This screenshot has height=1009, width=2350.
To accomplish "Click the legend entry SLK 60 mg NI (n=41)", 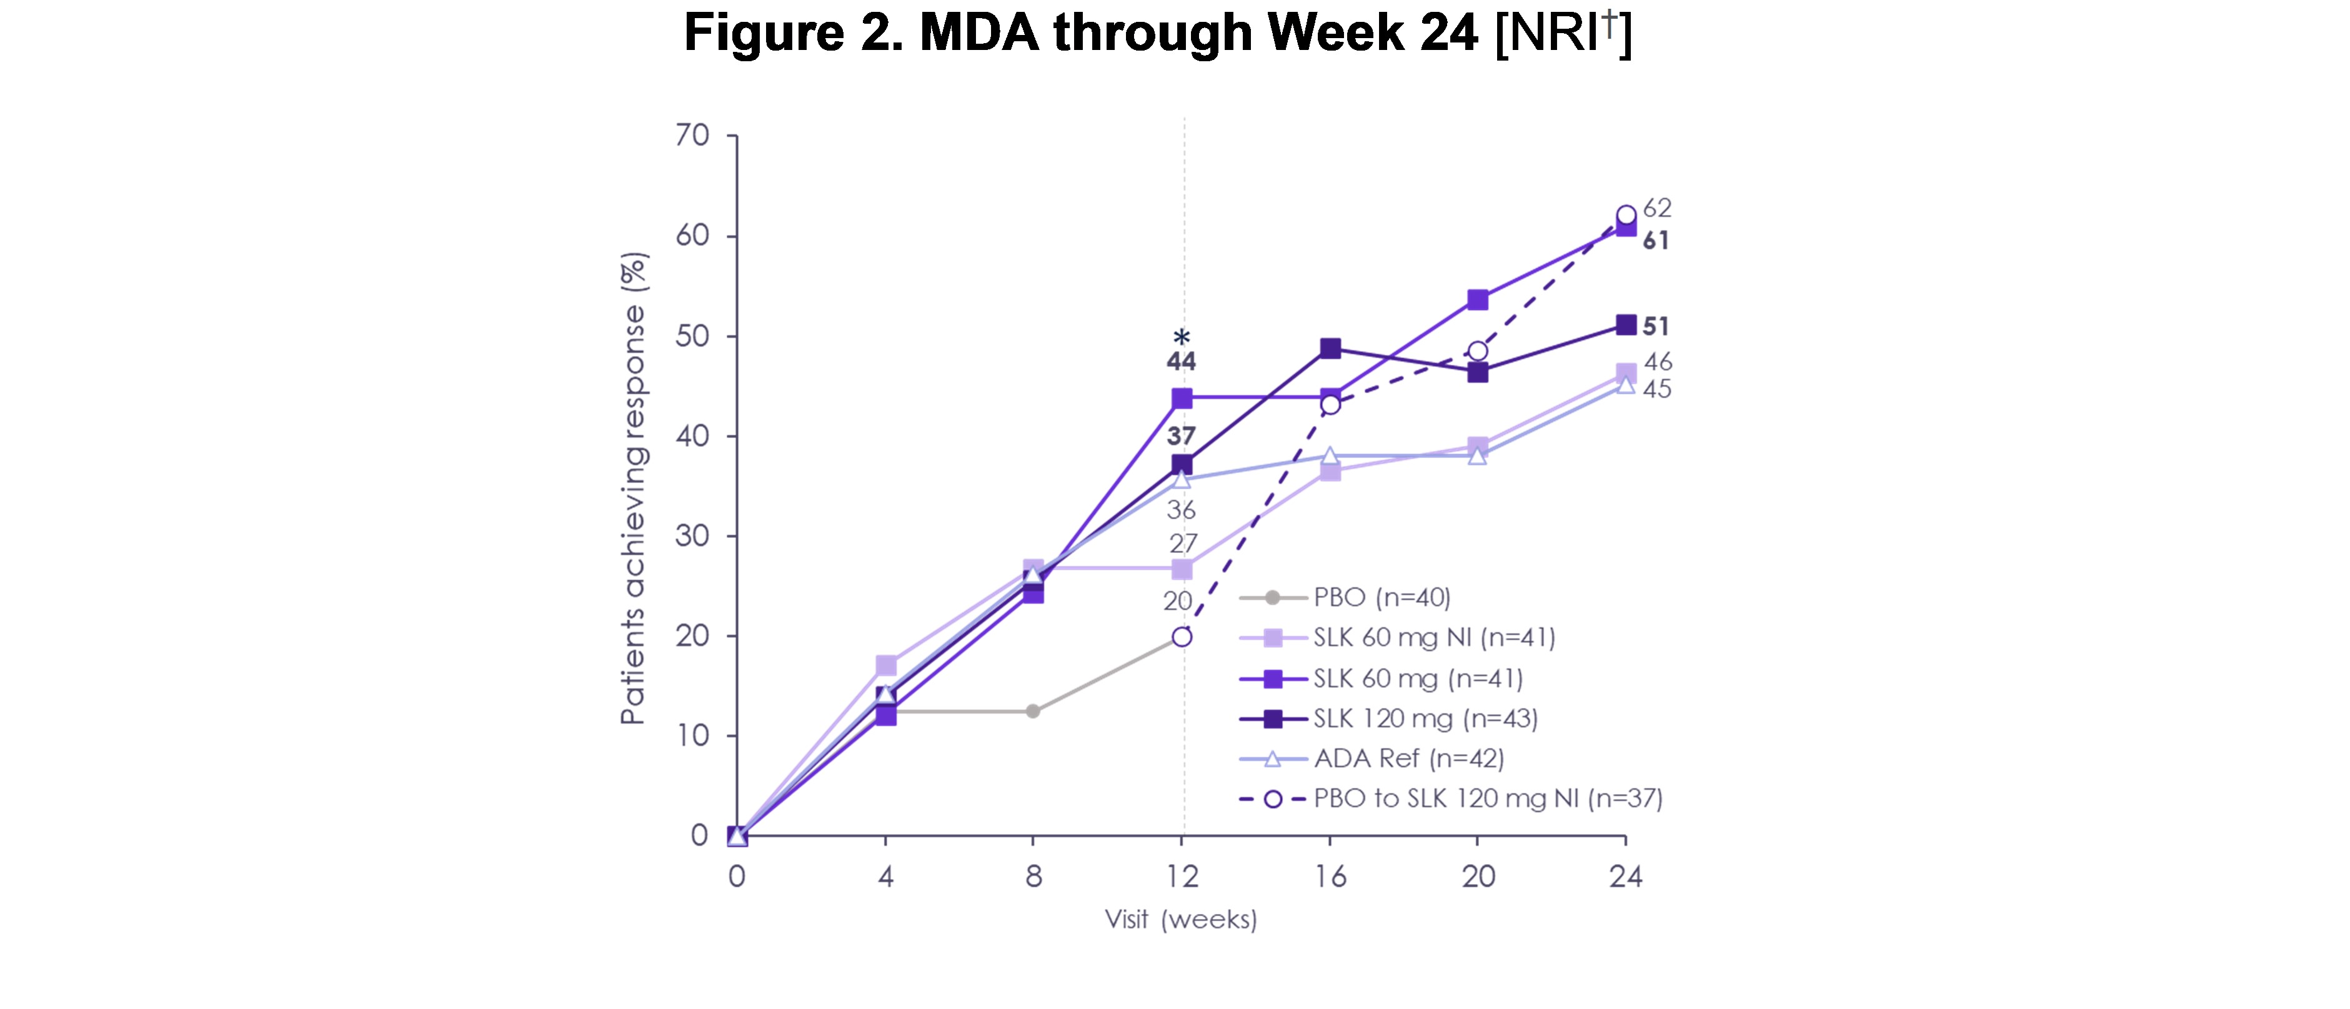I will pos(1433,638).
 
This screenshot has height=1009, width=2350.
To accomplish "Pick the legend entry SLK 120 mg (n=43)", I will pos(1425,719).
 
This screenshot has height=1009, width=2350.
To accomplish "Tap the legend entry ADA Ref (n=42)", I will pos(1408,758).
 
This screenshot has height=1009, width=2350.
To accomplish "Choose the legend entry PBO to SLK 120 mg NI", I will pos(1487,799).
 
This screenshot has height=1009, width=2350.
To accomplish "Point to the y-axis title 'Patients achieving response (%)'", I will pos(633,488).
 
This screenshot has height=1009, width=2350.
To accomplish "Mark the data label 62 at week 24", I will pos(1656,209).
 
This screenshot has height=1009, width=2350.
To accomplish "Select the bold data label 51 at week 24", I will pos(1656,327).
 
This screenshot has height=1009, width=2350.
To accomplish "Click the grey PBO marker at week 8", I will pos(1033,712).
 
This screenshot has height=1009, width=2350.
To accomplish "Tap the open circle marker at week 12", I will pos(1182,637).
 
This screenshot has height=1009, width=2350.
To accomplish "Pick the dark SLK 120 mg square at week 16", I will pos(1330,349).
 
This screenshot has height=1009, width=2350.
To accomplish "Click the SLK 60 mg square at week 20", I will pos(1478,300).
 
